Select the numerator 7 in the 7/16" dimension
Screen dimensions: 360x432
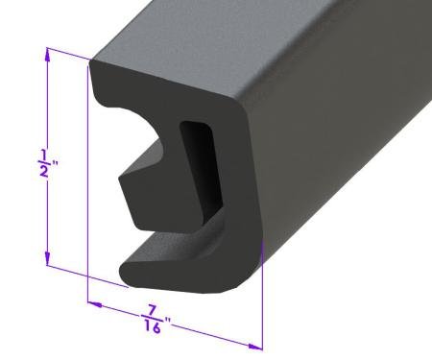click(x=151, y=310)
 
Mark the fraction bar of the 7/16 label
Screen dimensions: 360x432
click(x=150, y=319)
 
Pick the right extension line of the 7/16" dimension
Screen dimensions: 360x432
click(x=260, y=307)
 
